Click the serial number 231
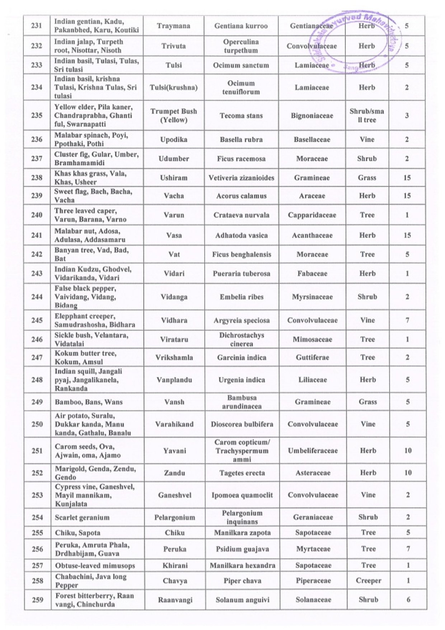pyautogui.click(x=37, y=26)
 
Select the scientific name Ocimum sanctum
pyautogui.click(x=241, y=65)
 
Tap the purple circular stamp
pyautogui.click(x=355, y=42)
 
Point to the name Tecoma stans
pyautogui.click(x=241, y=116)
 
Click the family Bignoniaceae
pyautogui.click(x=312, y=116)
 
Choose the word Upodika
pyautogui.click(x=174, y=140)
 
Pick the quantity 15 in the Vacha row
pyautogui.click(x=407, y=196)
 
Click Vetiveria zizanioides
pyautogui.click(x=241, y=178)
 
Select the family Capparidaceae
pyautogui.click(x=312, y=215)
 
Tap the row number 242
pyautogui.click(x=37, y=254)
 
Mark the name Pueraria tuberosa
pyautogui.click(x=242, y=274)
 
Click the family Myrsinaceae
pyautogui.click(x=312, y=297)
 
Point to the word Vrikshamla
pyautogui.click(x=174, y=358)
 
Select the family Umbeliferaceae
pyautogui.click(x=313, y=451)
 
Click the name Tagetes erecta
pyautogui.click(x=242, y=473)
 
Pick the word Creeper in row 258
pyautogui.click(x=369, y=580)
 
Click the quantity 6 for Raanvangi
pyautogui.click(x=408, y=599)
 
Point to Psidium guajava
pyautogui.click(x=242, y=549)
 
